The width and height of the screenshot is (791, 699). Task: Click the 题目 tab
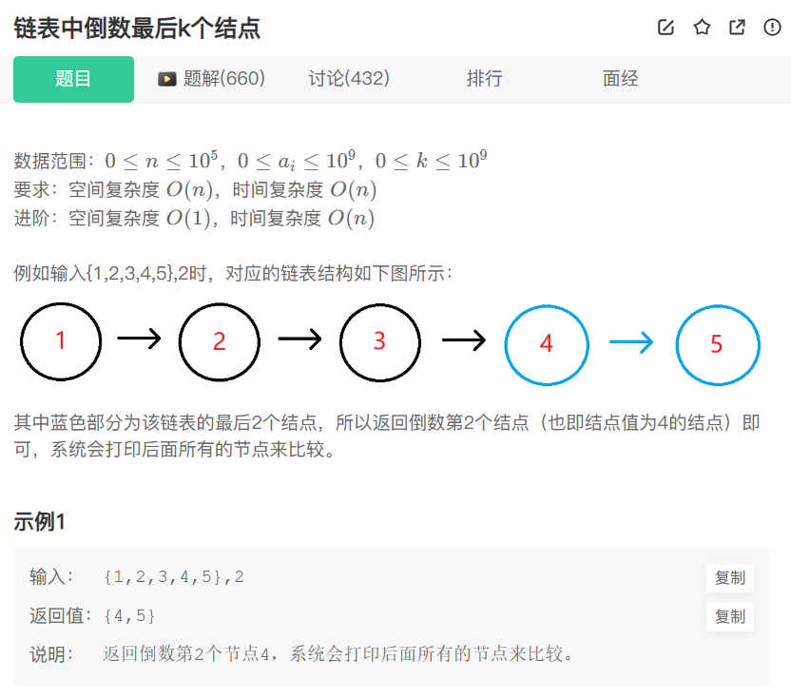click(73, 79)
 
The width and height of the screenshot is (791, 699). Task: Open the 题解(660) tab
click(211, 79)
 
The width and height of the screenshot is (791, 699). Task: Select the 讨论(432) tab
click(349, 79)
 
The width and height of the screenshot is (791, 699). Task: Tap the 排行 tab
click(484, 79)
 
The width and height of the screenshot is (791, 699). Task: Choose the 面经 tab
click(621, 79)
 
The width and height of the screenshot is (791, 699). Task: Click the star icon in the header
click(702, 28)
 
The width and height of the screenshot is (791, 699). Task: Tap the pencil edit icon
click(666, 28)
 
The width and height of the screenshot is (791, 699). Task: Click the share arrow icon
click(737, 28)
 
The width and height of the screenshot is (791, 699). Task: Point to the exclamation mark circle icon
click(772, 28)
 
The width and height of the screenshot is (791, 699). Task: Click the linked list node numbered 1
click(61, 340)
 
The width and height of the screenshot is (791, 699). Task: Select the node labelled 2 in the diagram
click(220, 340)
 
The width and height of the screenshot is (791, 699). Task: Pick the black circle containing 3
click(379, 340)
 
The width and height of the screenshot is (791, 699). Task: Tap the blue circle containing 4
click(546, 343)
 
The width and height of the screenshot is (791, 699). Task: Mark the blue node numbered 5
click(717, 343)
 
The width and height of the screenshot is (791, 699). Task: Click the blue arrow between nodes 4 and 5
click(631, 342)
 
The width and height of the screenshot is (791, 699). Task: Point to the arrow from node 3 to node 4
click(464, 340)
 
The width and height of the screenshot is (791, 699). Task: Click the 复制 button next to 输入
click(729, 577)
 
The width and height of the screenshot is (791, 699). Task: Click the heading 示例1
click(39, 521)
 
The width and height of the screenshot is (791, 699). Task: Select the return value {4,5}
click(129, 616)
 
